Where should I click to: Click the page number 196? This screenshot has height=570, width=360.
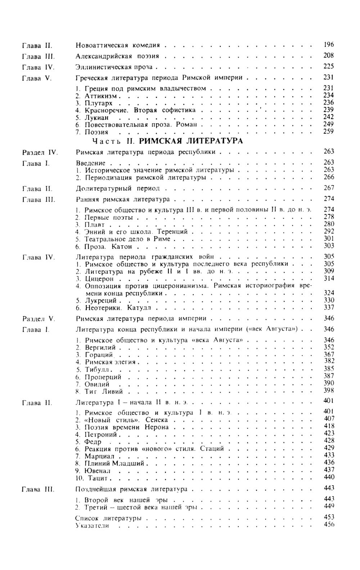click(x=329, y=45)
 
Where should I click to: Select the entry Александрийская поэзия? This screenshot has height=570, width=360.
click(x=117, y=56)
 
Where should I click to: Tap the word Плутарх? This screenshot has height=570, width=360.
click(x=98, y=103)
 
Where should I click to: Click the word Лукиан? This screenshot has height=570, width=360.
click(x=96, y=117)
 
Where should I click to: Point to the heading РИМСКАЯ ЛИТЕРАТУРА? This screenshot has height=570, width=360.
click(x=191, y=141)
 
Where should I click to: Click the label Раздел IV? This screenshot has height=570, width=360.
click(x=37, y=152)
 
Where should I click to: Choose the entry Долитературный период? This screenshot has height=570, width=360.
click(x=118, y=188)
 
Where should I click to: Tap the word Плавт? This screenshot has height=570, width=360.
click(x=94, y=225)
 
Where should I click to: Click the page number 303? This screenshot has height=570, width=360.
click(x=329, y=246)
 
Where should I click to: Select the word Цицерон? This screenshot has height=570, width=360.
click(x=99, y=279)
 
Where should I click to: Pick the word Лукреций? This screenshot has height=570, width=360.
click(x=100, y=300)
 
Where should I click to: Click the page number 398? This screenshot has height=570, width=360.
click(x=329, y=391)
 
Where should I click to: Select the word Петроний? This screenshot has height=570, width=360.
click(x=100, y=435)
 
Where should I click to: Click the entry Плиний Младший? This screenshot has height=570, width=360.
click(x=114, y=463)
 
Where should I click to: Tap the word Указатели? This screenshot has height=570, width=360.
click(x=92, y=526)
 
